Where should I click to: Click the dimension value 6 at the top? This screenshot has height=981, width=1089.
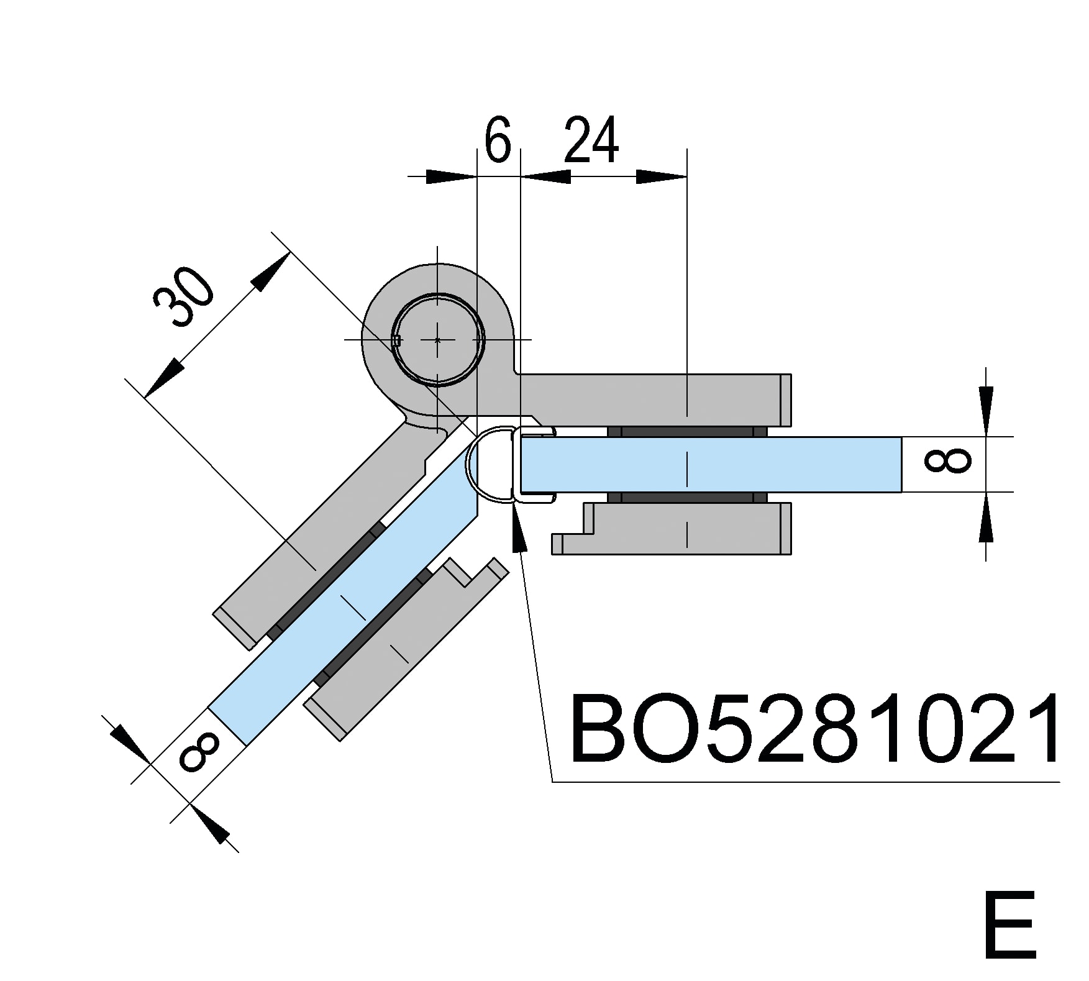click(498, 140)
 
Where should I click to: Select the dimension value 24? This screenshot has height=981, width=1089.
click(591, 140)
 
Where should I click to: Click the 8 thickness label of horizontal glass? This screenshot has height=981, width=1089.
click(947, 463)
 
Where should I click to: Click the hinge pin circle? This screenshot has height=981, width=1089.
click(438, 339)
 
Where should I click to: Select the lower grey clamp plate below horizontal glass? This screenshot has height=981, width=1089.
click(683, 528)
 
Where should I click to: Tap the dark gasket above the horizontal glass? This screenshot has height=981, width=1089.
click(686, 431)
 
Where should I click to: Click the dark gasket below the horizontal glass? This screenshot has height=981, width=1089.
click(686, 497)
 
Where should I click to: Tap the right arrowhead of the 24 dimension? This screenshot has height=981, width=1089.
click(662, 176)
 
